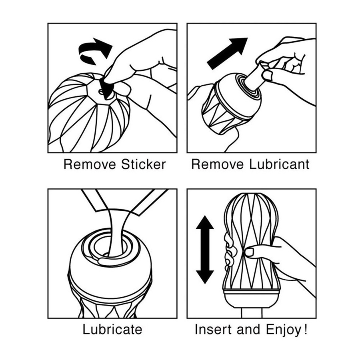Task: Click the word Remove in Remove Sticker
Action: click(x=89, y=164)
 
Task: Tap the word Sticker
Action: click(x=143, y=164)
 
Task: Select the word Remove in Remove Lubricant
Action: click(x=217, y=164)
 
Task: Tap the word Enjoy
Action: click(x=283, y=330)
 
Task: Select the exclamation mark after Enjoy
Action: click(x=305, y=330)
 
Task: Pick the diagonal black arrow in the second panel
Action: click(x=227, y=53)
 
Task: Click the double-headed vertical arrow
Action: click(x=205, y=250)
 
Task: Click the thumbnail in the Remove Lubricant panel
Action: click(x=268, y=75)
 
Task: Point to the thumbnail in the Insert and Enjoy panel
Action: click(x=250, y=252)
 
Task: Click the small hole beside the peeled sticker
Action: click(x=101, y=92)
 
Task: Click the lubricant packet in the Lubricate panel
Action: click(x=125, y=202)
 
